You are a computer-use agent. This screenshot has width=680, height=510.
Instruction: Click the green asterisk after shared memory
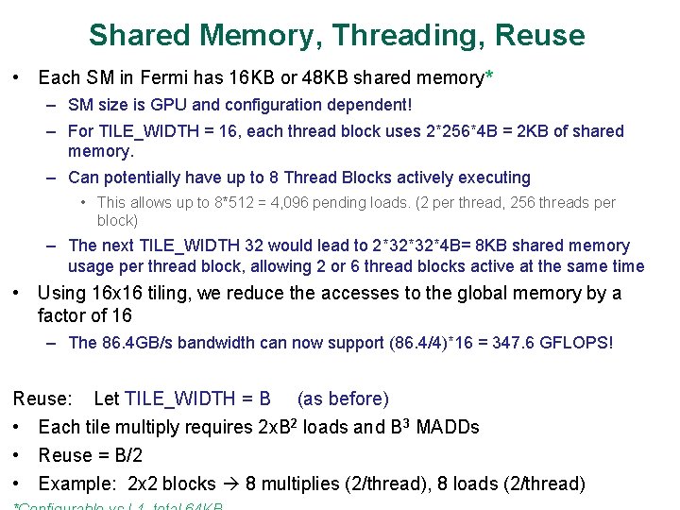(x=487, y=76)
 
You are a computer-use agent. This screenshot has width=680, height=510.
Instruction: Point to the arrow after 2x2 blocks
(x=229, y=484)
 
